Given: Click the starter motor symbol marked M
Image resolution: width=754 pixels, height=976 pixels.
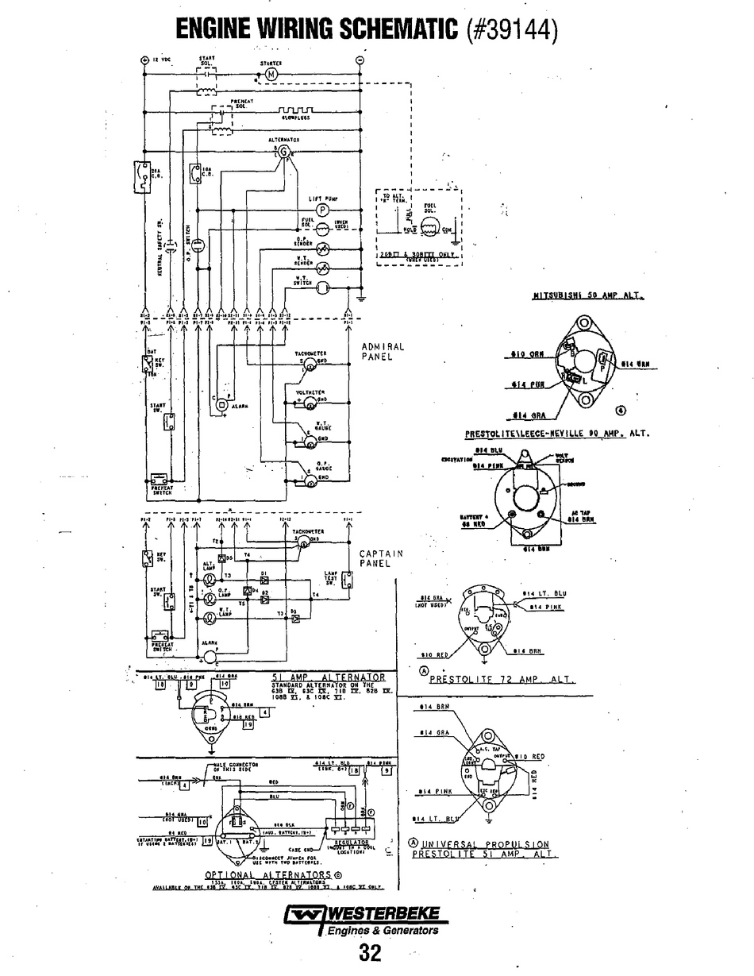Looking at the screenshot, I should coord(269,74).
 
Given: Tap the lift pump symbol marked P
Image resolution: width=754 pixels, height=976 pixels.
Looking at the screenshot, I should coord(322,209).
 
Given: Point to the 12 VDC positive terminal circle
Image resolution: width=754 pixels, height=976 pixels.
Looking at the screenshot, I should coord(144,60).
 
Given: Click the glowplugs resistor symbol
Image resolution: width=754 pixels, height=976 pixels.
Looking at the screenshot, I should coord(294,109).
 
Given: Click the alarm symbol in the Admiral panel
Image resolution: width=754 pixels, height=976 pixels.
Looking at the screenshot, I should coord(222,405).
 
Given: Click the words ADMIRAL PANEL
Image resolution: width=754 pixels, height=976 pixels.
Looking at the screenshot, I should coord(383,352).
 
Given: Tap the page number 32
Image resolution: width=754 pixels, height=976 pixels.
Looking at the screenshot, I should coord(371,952).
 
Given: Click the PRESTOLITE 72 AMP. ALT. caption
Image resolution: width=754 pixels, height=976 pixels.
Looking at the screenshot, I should coord(502,680).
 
